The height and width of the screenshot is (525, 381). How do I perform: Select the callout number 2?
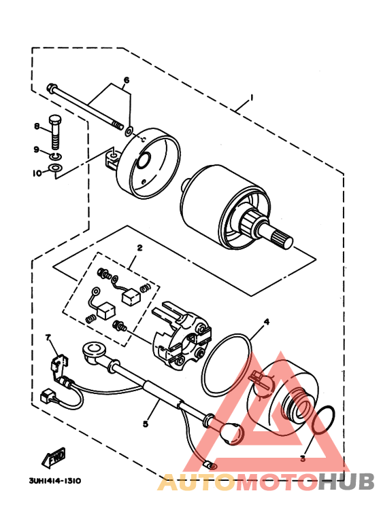(x=139, y=248)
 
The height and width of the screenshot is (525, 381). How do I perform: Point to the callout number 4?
(x=267, y=322)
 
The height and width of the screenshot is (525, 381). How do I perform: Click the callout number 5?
(x=146, y=424)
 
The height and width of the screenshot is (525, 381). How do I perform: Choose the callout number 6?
(x=126, y=80)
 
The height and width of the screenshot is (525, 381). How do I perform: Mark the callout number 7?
(x=48, y=337)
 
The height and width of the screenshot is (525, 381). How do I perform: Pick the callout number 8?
(x=37, y=126)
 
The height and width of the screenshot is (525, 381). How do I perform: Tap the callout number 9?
(x=37, y=149)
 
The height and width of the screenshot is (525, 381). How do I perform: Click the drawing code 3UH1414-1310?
(x=54, y=480)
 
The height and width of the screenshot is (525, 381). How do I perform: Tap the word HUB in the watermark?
(x=347, y=482)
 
